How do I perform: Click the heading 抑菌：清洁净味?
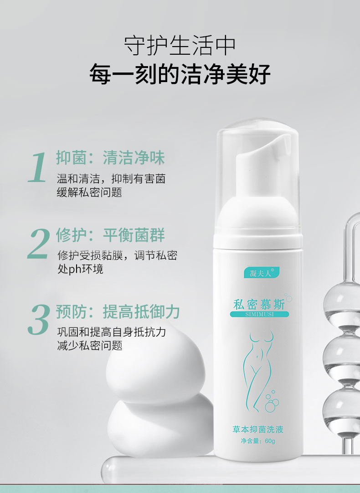(x=110, y=158)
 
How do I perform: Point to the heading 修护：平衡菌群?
(x=110, y=235)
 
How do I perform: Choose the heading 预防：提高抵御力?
(x=118, y=312)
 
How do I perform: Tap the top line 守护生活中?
(x=180, y=46)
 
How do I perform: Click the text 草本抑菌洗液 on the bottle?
(x=258, y=429)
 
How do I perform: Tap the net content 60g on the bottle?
(x=258, y=441)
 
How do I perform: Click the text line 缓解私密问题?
(x=89, y=192)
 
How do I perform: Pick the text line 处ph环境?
(x=80, y=269)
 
